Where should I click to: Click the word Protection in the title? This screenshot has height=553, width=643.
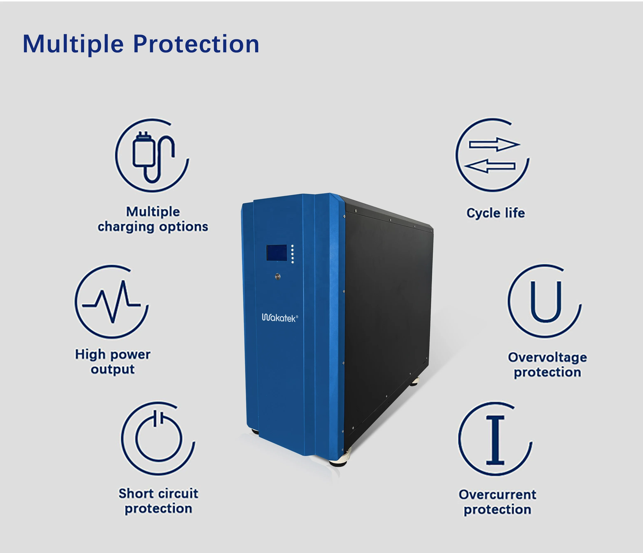[x=196, y=44]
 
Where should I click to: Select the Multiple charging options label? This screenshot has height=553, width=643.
[x=153, y=219]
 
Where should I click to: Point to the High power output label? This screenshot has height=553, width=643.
[x=113, y=362]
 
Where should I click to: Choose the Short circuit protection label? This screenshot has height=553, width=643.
[x=158, y=501]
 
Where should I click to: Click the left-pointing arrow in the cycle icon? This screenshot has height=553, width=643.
[x=491, y=166]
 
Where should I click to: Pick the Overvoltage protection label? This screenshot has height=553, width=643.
[x=547, y=365]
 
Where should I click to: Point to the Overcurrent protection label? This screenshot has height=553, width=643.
[x=497, y=502]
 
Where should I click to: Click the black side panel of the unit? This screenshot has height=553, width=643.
[x=388, y=310]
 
